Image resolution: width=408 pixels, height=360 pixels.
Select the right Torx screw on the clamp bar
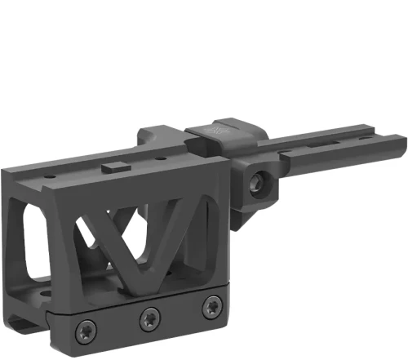[x=211, y=308]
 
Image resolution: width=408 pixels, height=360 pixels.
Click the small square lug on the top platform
[x=113, y=167]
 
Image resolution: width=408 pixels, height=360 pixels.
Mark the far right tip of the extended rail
[x=404, y=145]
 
